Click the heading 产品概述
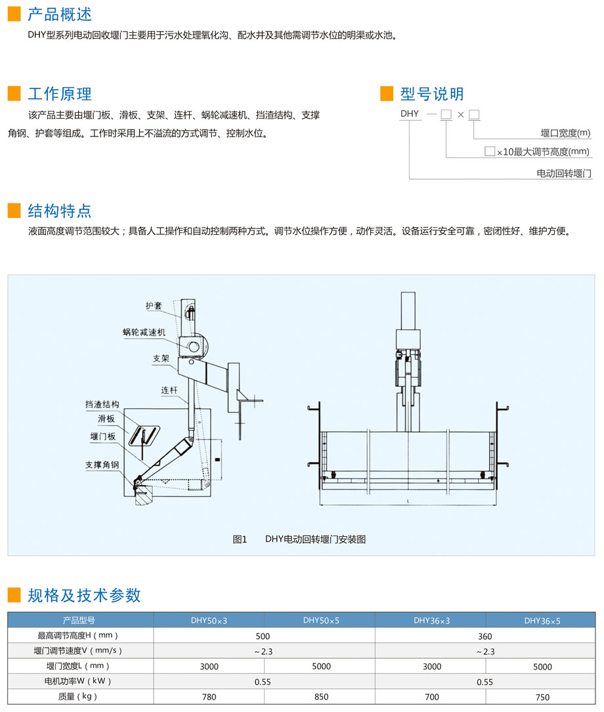click(60, 14)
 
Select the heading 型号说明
click(432, 94)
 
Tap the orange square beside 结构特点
click(14, 211)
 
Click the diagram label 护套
click(154, 306)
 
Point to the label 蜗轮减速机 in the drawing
click(144, 333)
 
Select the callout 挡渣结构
click(102, 404)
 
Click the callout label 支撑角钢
click(102, 465)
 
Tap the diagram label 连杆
click(169, 390)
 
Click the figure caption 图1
click(240, 539)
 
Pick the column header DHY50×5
click(321, 621)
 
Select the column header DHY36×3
click(431, 621)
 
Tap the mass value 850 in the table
click(321, 696)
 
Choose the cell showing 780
click(209, 696)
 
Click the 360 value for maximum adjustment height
click(485, 636)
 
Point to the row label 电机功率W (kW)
click(77, 681)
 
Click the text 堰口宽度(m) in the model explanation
click(565, 133)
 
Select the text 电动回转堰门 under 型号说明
click(564, 173)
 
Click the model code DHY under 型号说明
click(410, 114)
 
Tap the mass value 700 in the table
click(431, 696)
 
